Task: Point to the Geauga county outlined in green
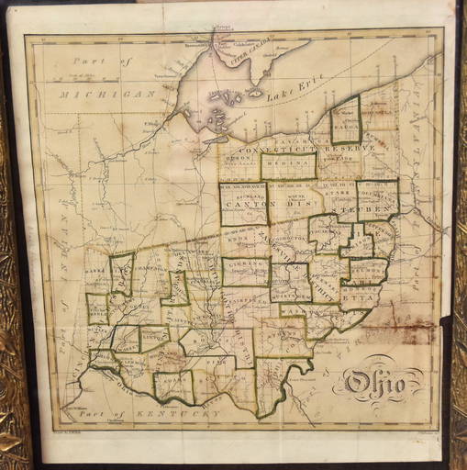pos(345,119)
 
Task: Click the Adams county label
pos(174,386)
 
